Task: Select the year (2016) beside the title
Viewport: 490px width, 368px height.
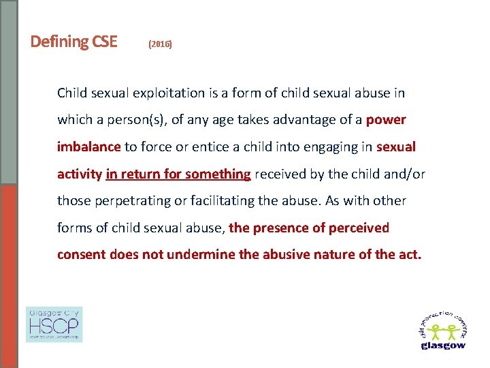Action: point(160,44)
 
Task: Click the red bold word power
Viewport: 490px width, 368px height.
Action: point(386,120)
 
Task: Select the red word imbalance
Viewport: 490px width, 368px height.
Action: point(88,147)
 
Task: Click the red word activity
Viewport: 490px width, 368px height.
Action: point(79,174)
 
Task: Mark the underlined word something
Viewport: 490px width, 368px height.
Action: point(218,174)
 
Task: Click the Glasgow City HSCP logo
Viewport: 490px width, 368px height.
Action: point(54,324)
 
